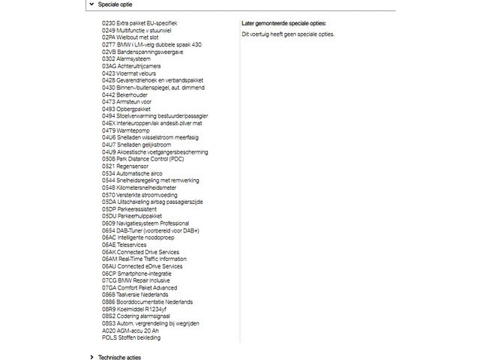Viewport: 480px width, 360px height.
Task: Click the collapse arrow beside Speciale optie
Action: [x=91, y=4]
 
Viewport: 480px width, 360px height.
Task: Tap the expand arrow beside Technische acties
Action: [x=91, y=358]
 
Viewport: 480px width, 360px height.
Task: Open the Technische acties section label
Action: [x=119, y=358]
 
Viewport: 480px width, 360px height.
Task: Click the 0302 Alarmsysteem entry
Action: [x=124, y=58]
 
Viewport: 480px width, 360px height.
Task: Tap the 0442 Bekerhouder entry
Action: [x=123, y=94]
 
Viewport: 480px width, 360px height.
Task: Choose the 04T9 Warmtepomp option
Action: [x=124, y=130]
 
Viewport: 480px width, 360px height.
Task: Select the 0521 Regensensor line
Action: [x=124, y=166]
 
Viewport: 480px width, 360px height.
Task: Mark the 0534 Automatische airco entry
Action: [x=132, y=173]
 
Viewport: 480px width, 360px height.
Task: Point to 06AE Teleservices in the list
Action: [x=124, y=244]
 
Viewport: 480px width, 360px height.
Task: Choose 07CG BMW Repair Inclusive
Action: [x=136, y=280]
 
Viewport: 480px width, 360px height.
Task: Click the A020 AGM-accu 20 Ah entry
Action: [x=130, y=331]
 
